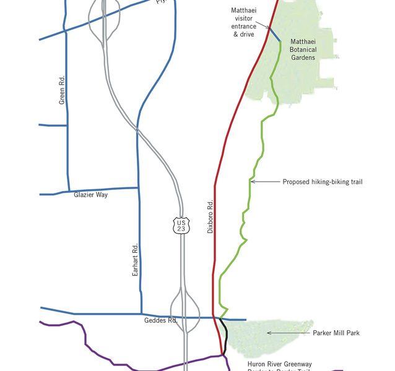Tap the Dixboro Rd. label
point(211,216)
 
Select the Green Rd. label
point(62,90)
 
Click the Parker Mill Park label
point(337,333)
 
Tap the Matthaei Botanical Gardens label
point(303,49)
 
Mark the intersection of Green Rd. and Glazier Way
point(67,190)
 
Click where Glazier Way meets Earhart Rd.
point(137,187)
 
